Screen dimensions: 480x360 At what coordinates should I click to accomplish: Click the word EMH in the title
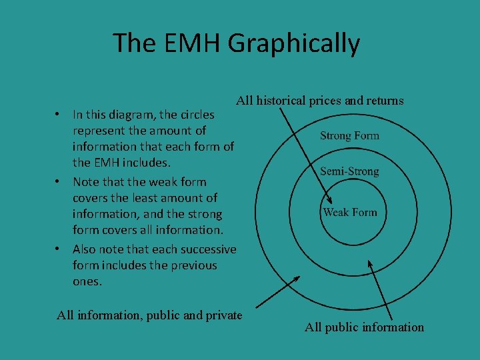coord(189,43)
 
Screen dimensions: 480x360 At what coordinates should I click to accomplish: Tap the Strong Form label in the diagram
coord(349,136)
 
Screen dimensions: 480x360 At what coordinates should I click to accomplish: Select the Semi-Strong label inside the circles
coord(349,171)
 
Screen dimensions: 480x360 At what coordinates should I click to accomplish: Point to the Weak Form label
coord(350,213)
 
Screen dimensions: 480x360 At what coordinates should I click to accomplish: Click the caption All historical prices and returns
coord(320,101)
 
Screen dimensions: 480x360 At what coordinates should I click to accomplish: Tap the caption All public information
coord(364,327)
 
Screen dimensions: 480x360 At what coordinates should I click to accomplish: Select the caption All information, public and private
coord(149,315)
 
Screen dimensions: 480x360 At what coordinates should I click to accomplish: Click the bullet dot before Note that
coord(59,181)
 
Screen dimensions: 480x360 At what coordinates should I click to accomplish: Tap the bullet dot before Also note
coord(59,249)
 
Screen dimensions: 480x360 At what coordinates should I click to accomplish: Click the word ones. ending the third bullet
coord(87,281)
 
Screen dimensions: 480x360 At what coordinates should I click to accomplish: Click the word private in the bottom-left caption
coord(223,315)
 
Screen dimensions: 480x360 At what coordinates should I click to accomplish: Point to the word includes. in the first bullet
coord(149,163)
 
